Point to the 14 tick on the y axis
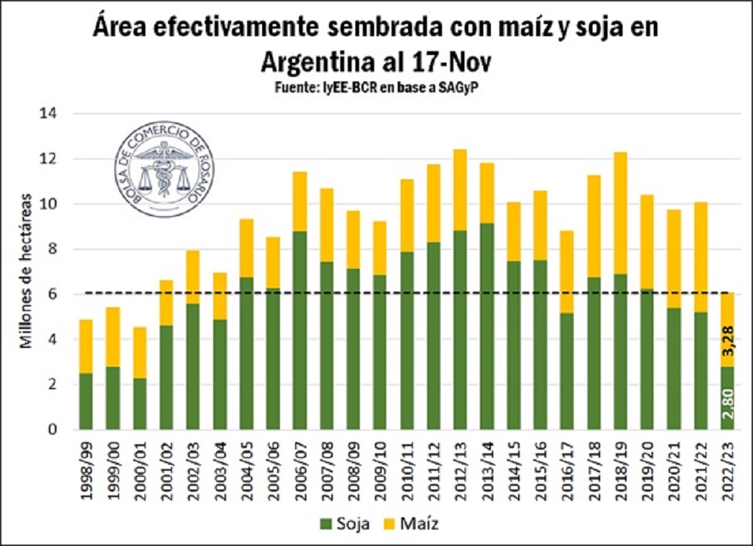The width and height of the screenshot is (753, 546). (x=57, y=114)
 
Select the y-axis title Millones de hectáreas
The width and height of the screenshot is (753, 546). (x=26, y=271)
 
